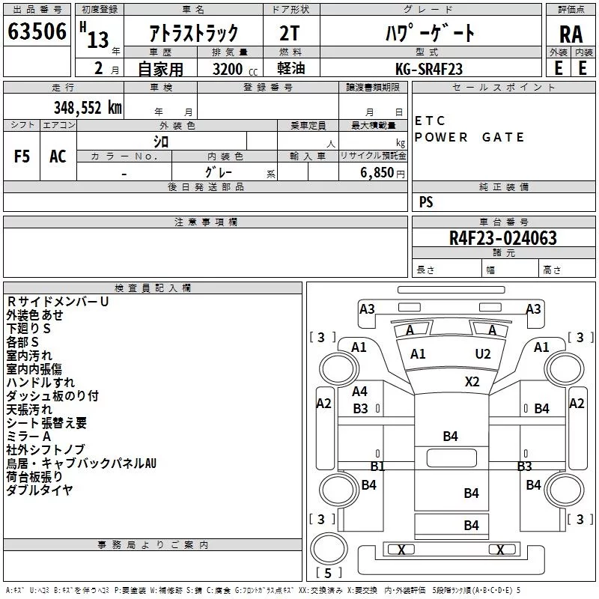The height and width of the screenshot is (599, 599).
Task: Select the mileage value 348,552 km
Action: point(87,108)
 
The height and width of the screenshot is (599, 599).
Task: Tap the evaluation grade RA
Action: point(571,34)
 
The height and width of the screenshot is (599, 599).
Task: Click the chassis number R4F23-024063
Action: point(503,238)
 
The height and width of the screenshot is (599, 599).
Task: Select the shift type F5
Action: point(22,156)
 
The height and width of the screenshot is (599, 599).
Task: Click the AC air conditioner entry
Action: point(58,156)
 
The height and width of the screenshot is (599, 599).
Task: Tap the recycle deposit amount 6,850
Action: point(377,173)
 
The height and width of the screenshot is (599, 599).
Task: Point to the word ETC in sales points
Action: point(430,121)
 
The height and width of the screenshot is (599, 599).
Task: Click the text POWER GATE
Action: point(469,137)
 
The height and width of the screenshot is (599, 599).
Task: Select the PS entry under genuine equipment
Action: point(426,202)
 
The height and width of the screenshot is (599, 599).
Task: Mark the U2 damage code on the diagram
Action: point(483,354)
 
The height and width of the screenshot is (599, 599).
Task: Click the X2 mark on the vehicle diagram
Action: point(472,381)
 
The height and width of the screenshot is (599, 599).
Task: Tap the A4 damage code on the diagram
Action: point(360,392)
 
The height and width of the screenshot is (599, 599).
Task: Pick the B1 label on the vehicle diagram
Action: point(378,466)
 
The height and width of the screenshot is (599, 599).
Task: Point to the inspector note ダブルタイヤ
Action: point(40,490)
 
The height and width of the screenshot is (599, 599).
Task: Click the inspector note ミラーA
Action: point(28,437)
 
